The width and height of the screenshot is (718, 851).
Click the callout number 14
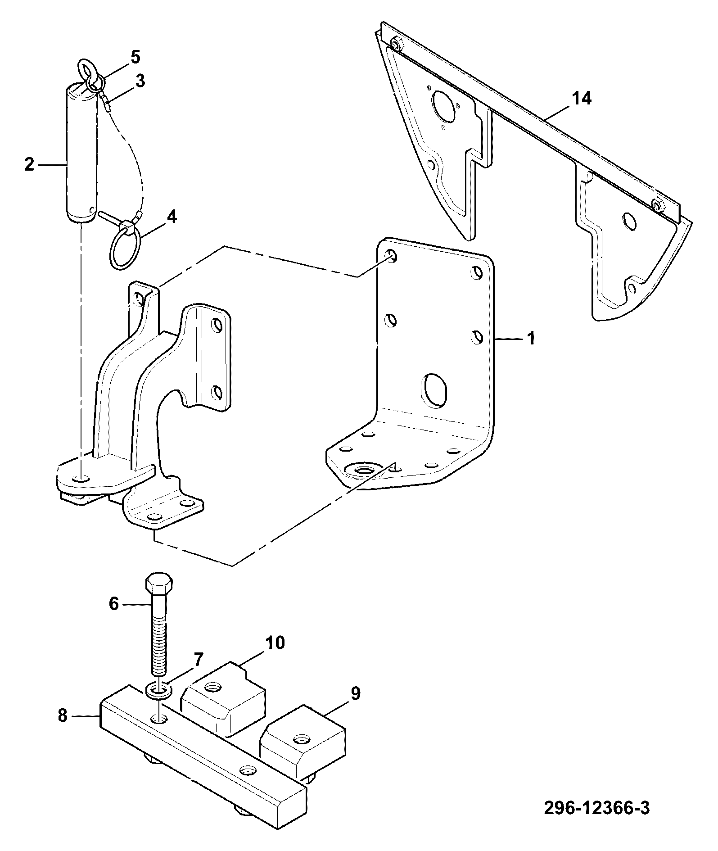coord(582,98)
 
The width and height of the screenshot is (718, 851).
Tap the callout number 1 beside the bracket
coord(532,338)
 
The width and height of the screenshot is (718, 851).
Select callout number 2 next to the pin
coord(29,165)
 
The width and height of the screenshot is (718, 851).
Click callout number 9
coord(355,693)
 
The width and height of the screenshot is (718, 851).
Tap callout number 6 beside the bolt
coord(114,603)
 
